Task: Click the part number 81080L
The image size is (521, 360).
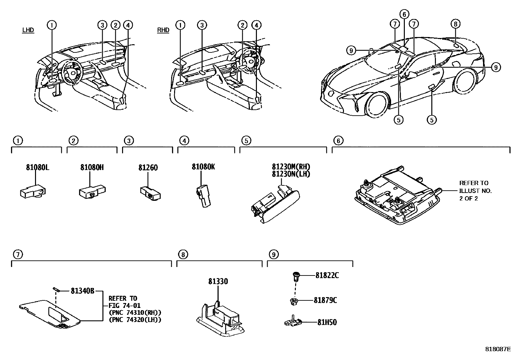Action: point(38,167)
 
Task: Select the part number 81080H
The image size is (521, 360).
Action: point(92,167)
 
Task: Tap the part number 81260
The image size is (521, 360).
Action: point(148,167)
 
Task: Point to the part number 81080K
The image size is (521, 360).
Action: point(203,167)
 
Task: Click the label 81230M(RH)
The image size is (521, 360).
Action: point(291,167)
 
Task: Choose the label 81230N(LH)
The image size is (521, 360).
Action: point(291,174)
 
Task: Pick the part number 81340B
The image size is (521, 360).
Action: point(82,291)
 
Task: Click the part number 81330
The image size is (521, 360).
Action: point(218,281)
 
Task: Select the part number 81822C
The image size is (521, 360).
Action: point(327,275)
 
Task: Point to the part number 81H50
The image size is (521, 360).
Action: point(327,322)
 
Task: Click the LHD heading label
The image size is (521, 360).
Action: point(28,30)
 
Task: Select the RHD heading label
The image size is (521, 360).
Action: point(163,30)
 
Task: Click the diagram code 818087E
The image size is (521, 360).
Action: point(498,349)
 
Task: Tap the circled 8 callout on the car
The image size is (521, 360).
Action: point(455,24)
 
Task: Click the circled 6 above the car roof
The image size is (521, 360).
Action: point(404,14)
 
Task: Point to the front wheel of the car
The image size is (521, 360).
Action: point(377,105)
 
